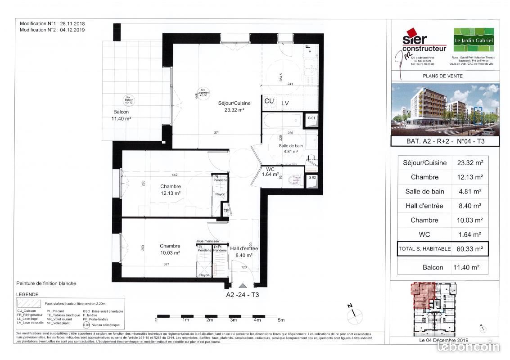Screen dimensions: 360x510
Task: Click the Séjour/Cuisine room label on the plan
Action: [234, 106]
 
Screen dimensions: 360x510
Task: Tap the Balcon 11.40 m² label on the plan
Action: [121, 115]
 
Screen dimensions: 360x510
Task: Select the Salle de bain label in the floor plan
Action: [290, 148]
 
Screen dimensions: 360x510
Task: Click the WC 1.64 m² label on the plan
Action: [270, 171]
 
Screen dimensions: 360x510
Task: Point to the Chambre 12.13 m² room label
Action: [170, 189]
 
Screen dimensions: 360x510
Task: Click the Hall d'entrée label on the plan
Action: [244, 252]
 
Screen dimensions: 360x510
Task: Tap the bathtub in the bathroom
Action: [282, 120]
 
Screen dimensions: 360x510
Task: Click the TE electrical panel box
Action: [226, 211]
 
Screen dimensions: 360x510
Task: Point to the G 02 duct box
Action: [311, 178]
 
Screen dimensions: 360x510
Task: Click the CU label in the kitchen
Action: [269, 102]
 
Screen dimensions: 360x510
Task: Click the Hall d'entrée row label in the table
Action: [424, 206]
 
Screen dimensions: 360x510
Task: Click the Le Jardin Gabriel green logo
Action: [473, 40]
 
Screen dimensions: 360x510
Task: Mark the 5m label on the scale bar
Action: [281, 320]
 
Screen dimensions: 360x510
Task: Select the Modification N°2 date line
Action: [52, 30]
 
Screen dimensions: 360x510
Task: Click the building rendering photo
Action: [445, 110]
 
